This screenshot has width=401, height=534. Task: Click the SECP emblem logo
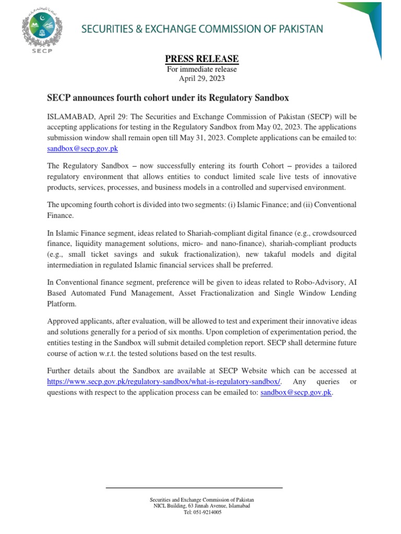coord(43,32)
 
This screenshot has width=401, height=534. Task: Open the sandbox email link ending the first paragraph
coord(82,149)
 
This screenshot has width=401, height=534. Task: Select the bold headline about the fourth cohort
coord(168,98)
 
